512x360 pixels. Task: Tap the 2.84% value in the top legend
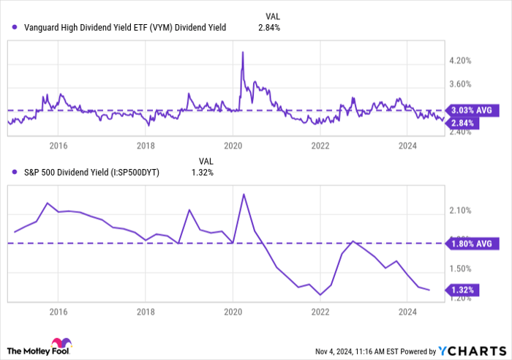pos(269,28)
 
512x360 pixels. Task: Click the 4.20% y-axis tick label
pos(459,61)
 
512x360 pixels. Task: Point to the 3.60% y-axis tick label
pos(459,84)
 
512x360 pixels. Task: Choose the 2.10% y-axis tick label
pos(459,211)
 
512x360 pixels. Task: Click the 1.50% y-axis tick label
pos(459,269)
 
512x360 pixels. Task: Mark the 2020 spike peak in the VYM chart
pos(242,52)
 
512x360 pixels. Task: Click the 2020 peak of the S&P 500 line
pos(243,194)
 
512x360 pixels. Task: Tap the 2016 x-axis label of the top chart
pos(59,145)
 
